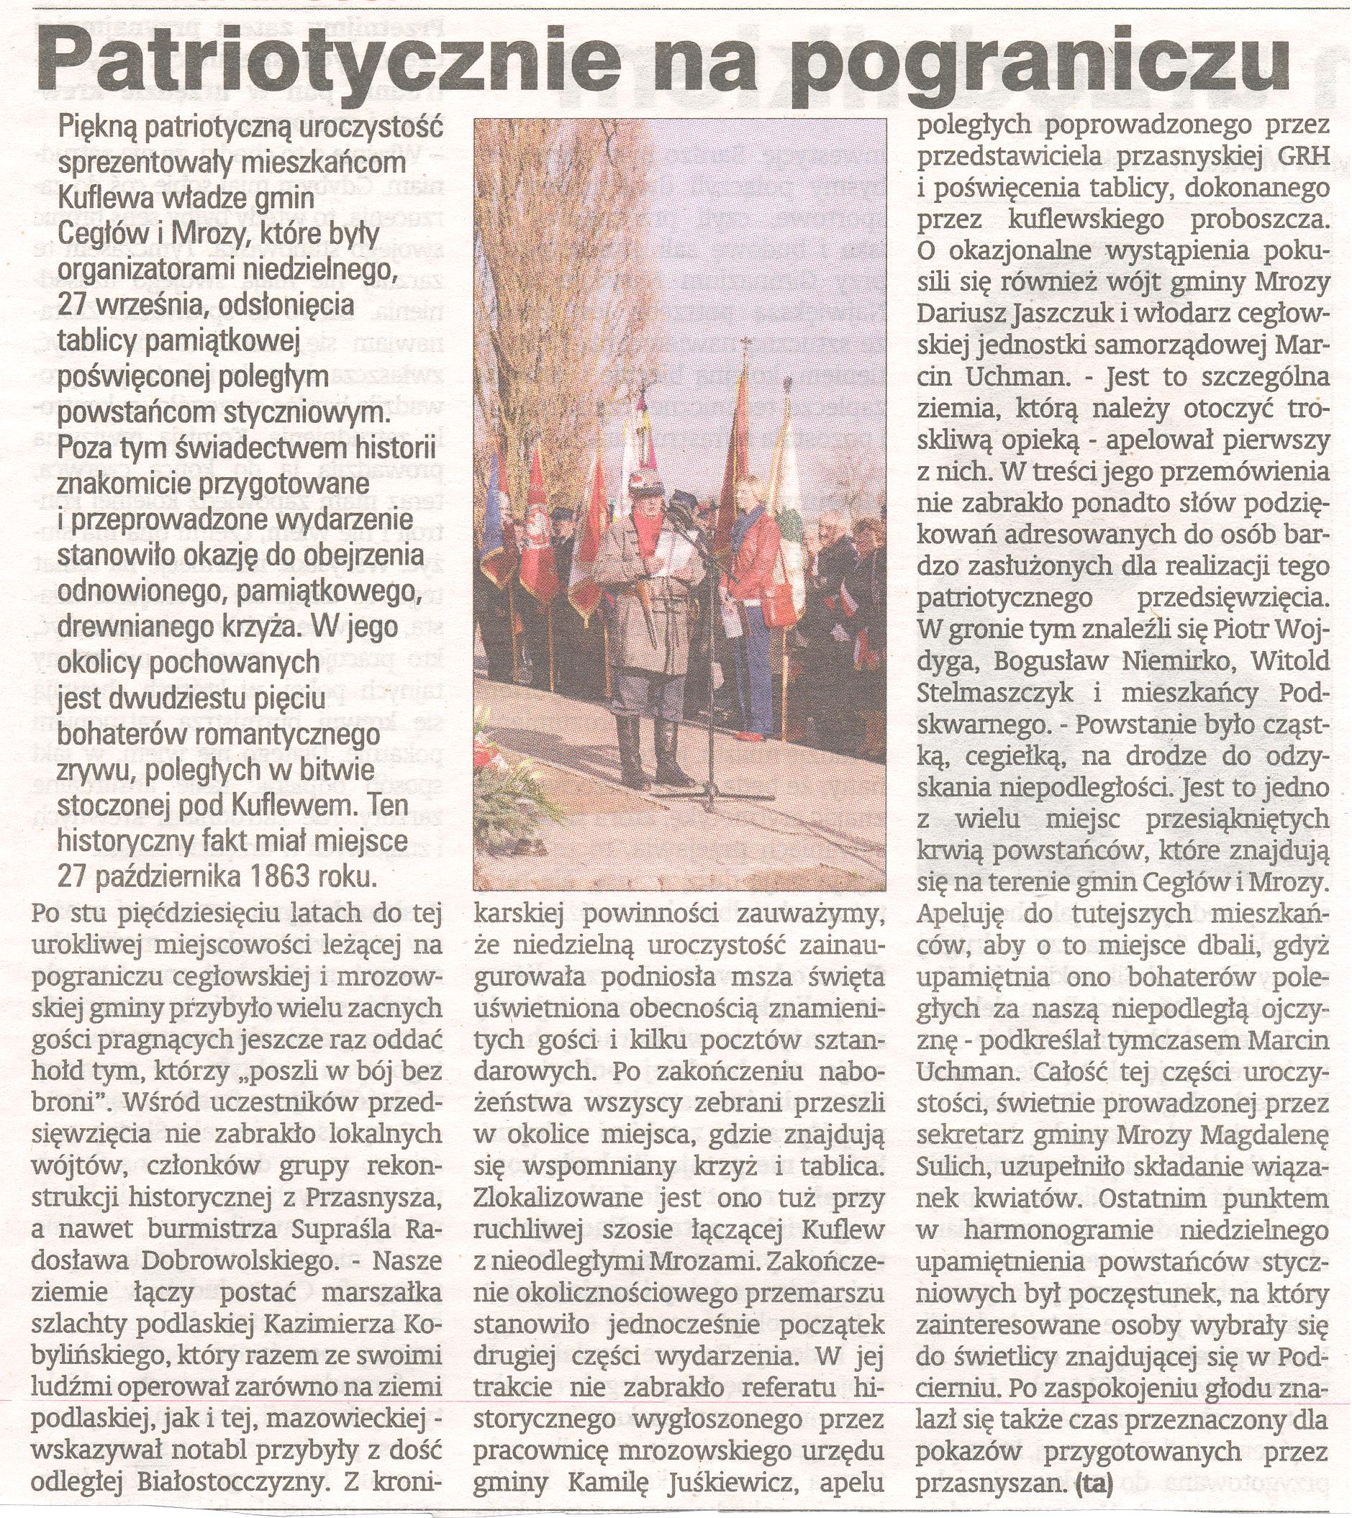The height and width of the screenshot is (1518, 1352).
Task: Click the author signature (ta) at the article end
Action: [1093, 1482]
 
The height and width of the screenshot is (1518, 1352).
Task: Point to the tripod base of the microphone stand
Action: [709, 799]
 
